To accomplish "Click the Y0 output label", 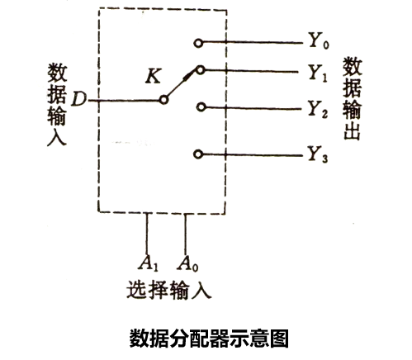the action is coord(319,41).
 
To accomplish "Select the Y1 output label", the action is coord(317,73).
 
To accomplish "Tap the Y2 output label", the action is coord(317,109).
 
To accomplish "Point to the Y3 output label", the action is coord(317,154).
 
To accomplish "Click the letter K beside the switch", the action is coord(153,76).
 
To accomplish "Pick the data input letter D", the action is coord(78,99).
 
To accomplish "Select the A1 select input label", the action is coord(148,263).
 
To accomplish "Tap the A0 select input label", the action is coord(187,263).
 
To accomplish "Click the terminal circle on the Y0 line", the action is coord(198,43).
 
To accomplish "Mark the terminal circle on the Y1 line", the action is coord(201,70).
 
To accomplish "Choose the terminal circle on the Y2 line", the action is coord(201,107).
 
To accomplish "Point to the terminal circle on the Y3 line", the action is coord(198,154).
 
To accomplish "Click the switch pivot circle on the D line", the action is coord(163,100).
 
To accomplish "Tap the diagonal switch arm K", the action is coord(182,83).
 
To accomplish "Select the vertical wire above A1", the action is coord(147,234).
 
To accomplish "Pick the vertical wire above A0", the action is coord(185,234).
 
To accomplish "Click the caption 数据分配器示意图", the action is coord(209,339).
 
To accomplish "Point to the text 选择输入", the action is coord(168,290).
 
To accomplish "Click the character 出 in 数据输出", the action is coord(352,131).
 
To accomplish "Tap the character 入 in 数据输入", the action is coord(57,136).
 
